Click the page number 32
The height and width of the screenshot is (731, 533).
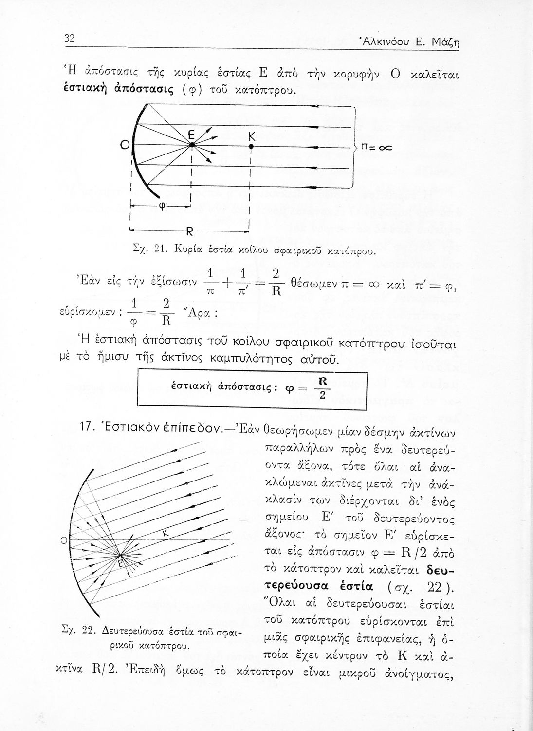click(x=69, y=38)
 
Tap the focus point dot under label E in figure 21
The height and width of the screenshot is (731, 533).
click(x=192, y=145)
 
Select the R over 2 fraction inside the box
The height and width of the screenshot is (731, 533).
click(x=322, y=388)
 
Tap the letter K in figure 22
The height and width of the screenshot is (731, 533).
click(x=165, y=535)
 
